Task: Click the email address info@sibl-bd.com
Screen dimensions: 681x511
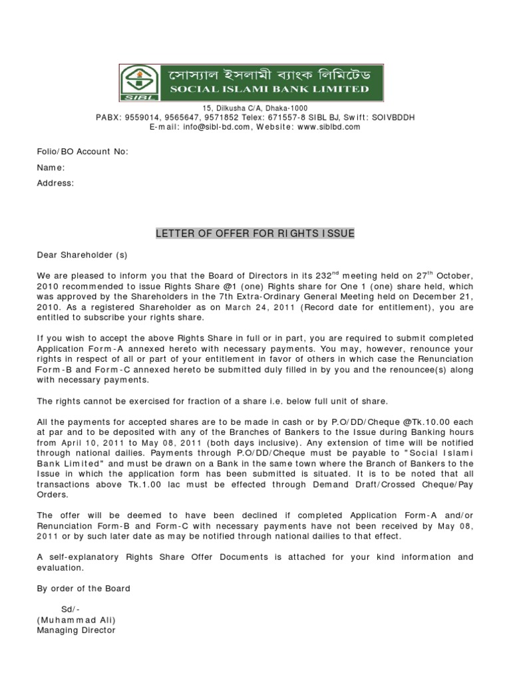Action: pyautogui.click(x=219, y=126)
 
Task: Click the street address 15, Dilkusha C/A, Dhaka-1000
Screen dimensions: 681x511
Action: pyautogui.click(x=255, y=108)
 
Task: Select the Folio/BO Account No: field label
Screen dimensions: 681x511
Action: pyautogui.click(x=82, y=152)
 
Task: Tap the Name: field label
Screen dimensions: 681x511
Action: pyautogui.click(x=51, y=168)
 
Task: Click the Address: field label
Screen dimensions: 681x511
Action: pyautogui.click(x=55, y=183)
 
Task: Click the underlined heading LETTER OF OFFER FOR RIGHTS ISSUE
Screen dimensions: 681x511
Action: pyautogui.click(x=255, y=233)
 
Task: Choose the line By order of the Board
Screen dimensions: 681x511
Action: pyautogui.click(x=84, y=589)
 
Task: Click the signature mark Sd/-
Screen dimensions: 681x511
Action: pyautogui.click(x=71, y=609)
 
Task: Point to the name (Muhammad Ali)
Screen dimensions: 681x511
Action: pyautogui.click(x=77, y=620)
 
